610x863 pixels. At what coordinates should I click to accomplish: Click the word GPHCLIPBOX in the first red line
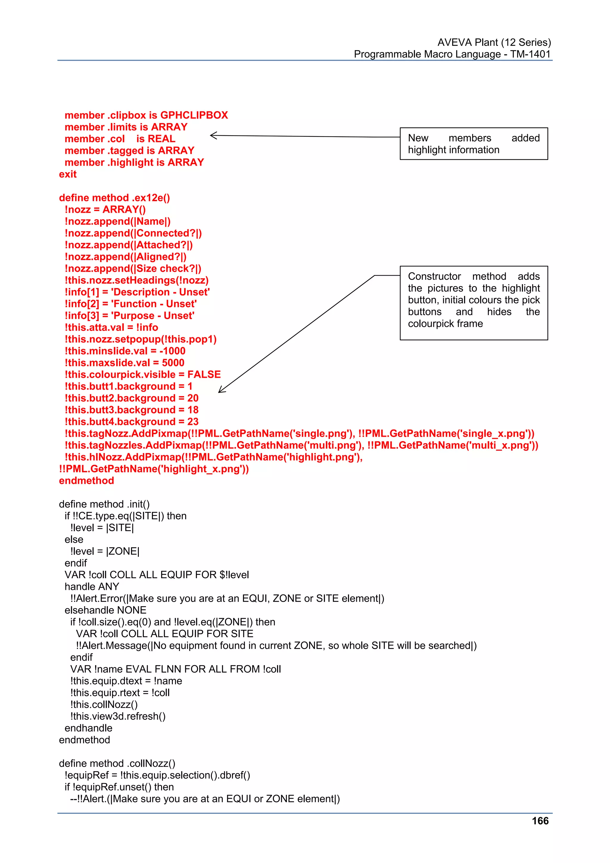coord(194,115)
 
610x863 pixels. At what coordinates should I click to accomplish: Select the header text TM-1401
coord(530,54)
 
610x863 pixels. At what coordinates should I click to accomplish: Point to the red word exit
coord(68,174)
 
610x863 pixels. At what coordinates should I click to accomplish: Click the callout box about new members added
coord(474,144)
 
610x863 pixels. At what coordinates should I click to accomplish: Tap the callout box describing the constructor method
coord(474,303)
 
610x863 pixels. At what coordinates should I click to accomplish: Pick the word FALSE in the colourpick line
coord(204,374)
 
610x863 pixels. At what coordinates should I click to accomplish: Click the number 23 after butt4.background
coord(193,422)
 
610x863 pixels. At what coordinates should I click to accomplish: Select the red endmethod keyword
coord(86,481)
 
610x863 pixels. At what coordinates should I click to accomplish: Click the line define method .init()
coord(104,504)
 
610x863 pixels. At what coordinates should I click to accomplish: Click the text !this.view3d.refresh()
coord(118,716)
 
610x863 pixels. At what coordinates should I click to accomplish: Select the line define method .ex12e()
coord(114,198)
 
